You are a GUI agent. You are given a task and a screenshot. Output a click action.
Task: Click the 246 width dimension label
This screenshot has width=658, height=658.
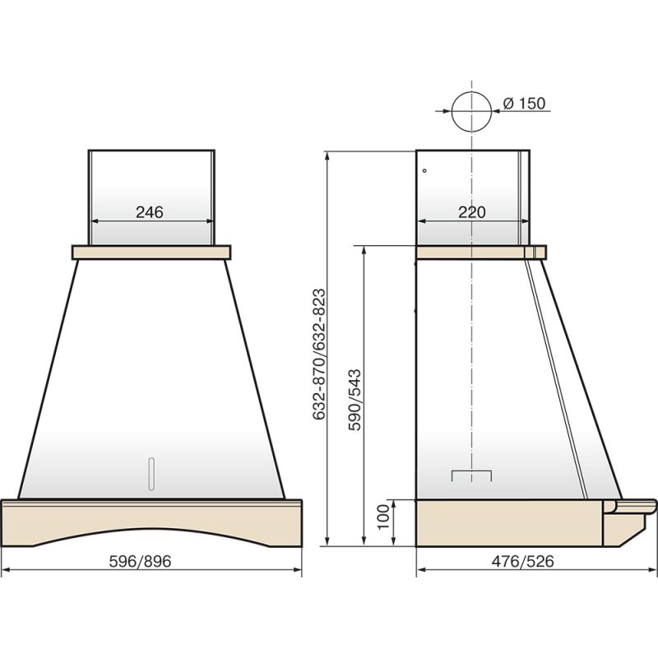(x=150, y=212)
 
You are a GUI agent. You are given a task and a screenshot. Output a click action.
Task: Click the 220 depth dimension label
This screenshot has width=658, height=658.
(x=471, y=212)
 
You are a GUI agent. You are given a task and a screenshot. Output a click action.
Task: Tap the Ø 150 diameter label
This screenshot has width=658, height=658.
(x=524, y=104)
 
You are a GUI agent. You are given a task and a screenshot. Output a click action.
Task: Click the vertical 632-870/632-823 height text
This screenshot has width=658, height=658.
(x=320, y=354)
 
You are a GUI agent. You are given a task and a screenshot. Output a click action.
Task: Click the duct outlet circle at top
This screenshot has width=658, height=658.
(x=470, y=112)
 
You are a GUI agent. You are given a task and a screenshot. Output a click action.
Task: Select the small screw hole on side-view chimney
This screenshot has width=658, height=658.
(x=424, y=171)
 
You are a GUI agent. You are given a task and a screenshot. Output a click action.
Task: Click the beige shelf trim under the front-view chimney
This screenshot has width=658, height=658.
(x=151, y=252)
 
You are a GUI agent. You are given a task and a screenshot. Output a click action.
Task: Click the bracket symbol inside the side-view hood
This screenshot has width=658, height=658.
(x=471, y=475)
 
